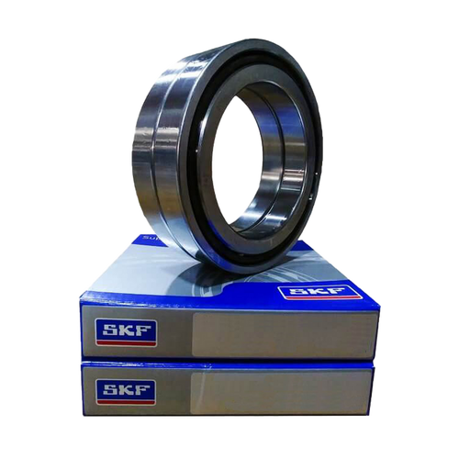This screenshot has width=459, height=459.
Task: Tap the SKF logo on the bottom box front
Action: click(126, 391)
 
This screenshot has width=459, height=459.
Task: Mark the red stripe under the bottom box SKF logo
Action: click(126, 402)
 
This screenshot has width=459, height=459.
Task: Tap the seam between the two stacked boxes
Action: click(229, 364)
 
